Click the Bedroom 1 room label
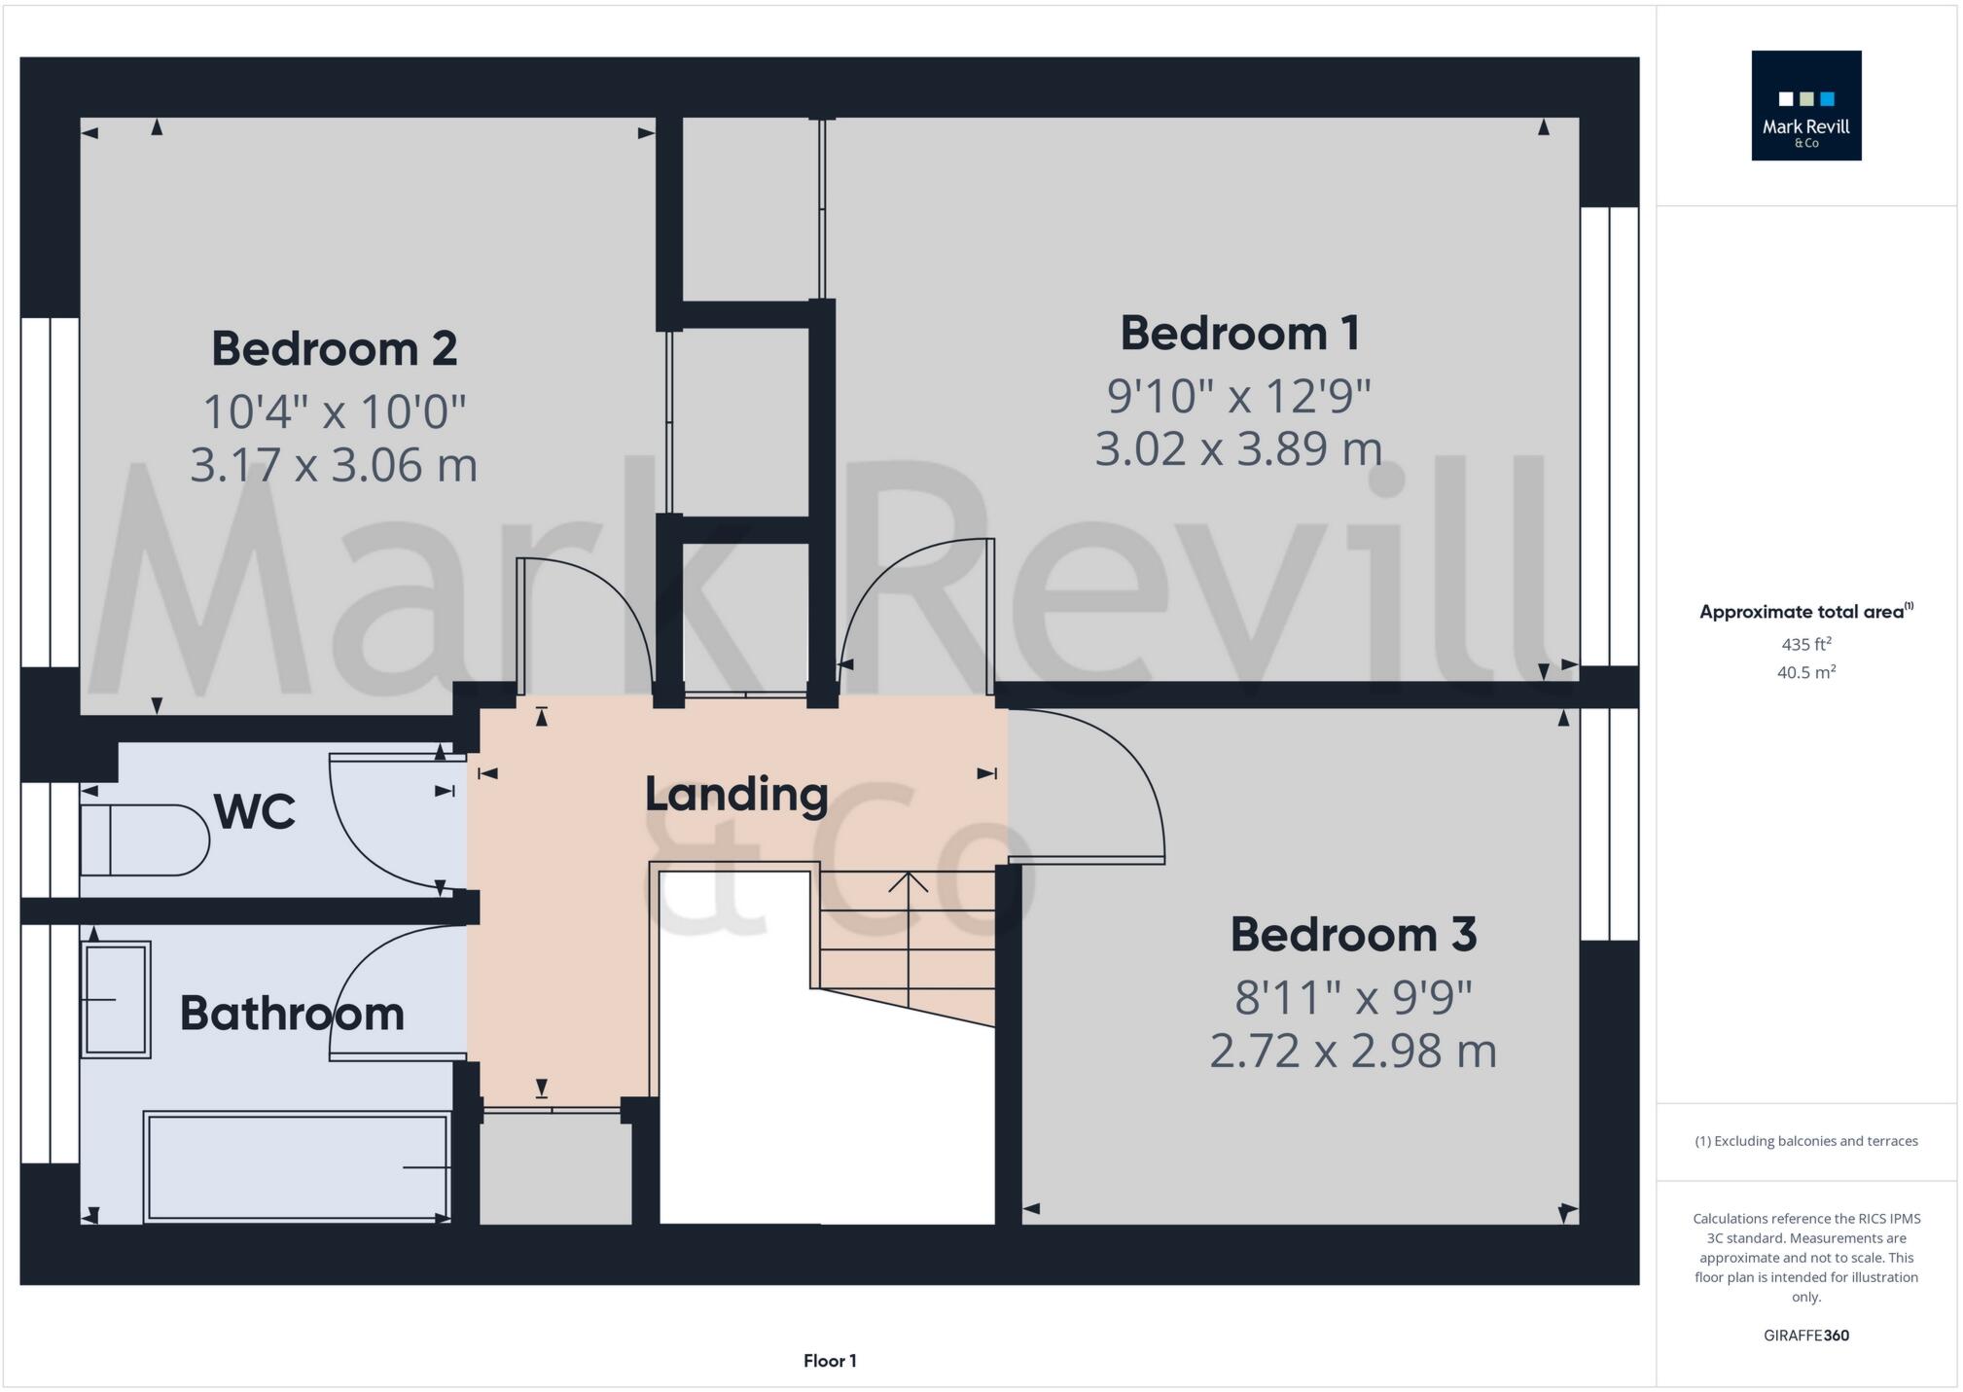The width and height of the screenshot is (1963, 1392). click(1239, 334)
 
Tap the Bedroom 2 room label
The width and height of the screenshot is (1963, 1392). click(334, 349)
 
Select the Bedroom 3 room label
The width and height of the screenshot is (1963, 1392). click(1353, 935)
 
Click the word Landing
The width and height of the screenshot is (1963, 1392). click(736, 795)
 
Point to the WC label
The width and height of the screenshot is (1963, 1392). click(254, 812)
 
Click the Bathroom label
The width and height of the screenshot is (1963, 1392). click(292, 1014)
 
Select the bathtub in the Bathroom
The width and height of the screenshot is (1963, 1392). click(296, 1165)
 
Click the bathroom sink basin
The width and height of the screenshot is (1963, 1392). click(117, 999)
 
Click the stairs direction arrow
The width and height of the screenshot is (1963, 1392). click(908, 881)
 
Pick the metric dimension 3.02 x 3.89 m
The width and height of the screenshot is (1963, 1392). click(1238, 449)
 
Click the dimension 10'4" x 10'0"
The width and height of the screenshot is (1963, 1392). click(334, 412)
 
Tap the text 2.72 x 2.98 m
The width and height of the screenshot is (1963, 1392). click(1352, 1052)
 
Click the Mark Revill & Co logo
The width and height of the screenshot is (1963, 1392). click(1805, 106)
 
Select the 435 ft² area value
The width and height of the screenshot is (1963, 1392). click(1805, 644)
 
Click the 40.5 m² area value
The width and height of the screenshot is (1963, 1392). click(1805, 672)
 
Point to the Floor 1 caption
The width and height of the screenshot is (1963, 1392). click(829, 1361)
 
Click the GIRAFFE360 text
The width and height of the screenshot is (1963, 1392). click(1805, 1336)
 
